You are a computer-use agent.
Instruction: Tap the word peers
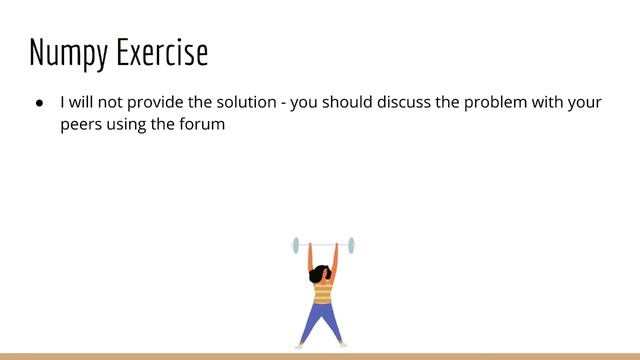point(82,126)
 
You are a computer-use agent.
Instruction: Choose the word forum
point(201,126)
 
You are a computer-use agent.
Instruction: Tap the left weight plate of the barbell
point(296,245)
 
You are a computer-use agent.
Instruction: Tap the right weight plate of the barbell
point(351,245)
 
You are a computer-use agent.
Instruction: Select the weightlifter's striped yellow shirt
point(323,292)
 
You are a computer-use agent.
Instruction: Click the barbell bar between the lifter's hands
point(323,245)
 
